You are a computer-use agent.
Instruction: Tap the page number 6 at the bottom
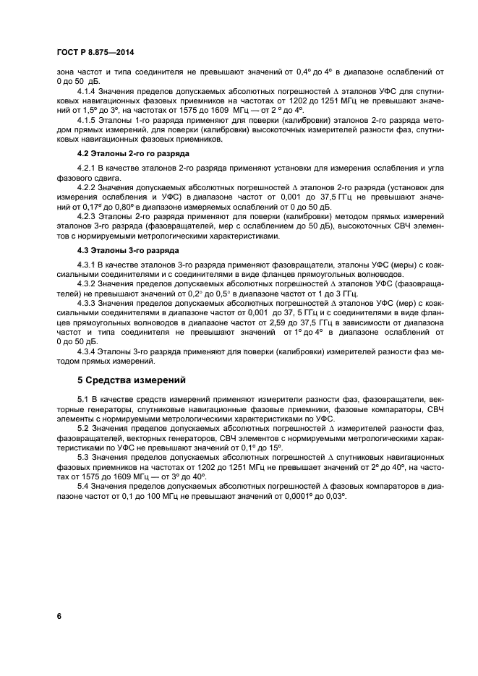(59, 615)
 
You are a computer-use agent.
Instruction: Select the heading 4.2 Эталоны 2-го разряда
(123, 155)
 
